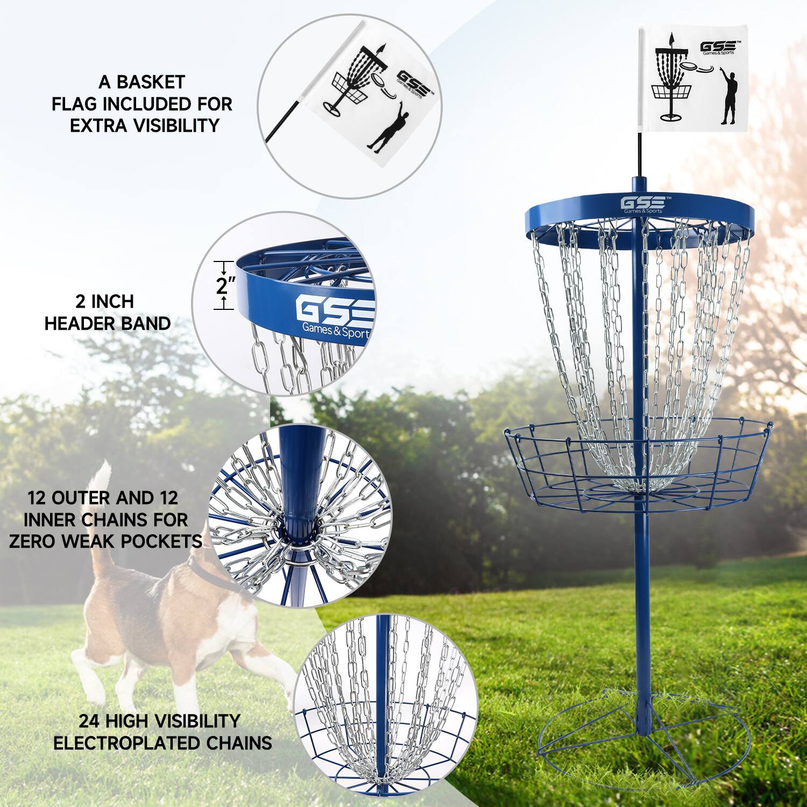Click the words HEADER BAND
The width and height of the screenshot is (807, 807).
click(108, 323)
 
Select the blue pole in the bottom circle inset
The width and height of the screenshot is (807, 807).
click(380, 699)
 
